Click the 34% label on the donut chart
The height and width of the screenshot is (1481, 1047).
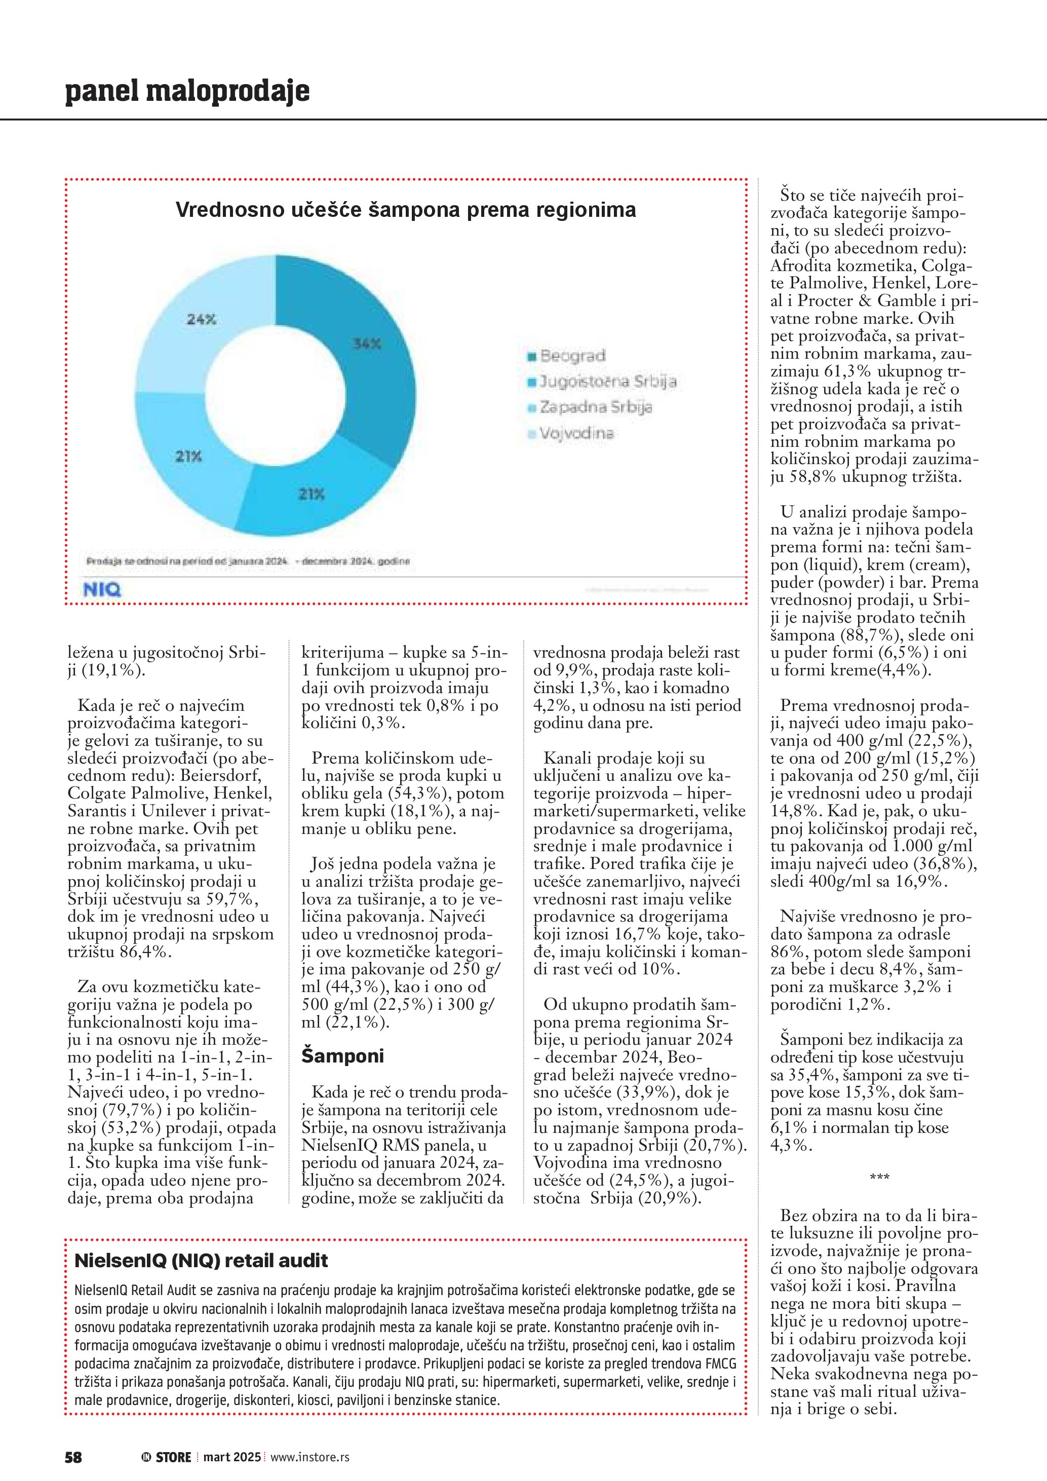(x=367, y=344)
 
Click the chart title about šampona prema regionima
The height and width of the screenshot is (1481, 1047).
(x=406, y=210)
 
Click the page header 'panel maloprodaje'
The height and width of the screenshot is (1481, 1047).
(x=187, y=91)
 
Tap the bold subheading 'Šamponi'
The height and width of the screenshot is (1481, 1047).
(x=342, y=1056)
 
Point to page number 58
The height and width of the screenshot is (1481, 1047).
(x=73, y=1457)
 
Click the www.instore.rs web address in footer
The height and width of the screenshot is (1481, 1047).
(x=309, y=1457)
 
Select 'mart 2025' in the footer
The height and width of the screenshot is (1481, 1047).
(x=232, y=1457)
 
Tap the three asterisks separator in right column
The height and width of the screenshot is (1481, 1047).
(x=879, y=1178)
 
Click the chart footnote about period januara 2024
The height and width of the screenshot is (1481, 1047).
(x=248, y=561)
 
